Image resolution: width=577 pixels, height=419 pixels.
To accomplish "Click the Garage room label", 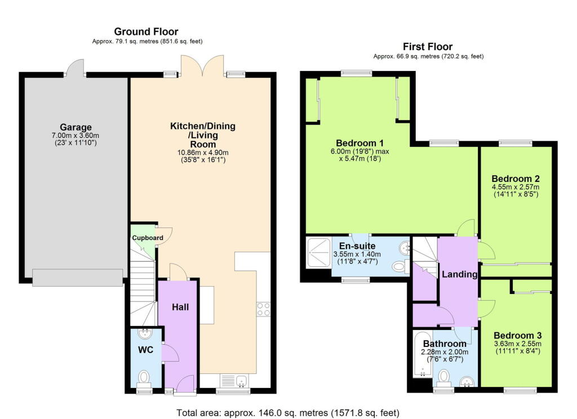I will (76, 127).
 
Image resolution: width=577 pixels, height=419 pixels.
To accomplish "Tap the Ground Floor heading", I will (146, 32).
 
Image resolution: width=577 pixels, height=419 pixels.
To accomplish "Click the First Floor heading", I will (427, 47).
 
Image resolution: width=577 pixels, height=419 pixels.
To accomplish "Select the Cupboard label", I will (148, 238).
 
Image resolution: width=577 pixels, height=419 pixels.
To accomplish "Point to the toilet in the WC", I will (144, 377).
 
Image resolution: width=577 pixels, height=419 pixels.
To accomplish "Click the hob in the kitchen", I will (264, 309).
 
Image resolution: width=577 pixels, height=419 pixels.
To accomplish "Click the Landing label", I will (459, 275).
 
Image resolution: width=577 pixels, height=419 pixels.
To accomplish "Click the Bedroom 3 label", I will (517, 335).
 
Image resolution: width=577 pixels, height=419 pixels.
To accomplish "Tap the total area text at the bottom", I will (288, 413).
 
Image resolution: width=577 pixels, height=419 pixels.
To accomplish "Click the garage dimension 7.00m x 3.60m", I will (76, 136).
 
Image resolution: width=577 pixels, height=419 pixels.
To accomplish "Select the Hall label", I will (180, 307).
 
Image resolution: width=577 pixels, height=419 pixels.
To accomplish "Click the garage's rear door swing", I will (75, 67).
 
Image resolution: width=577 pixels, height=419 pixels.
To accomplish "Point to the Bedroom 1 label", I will (359, 142).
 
